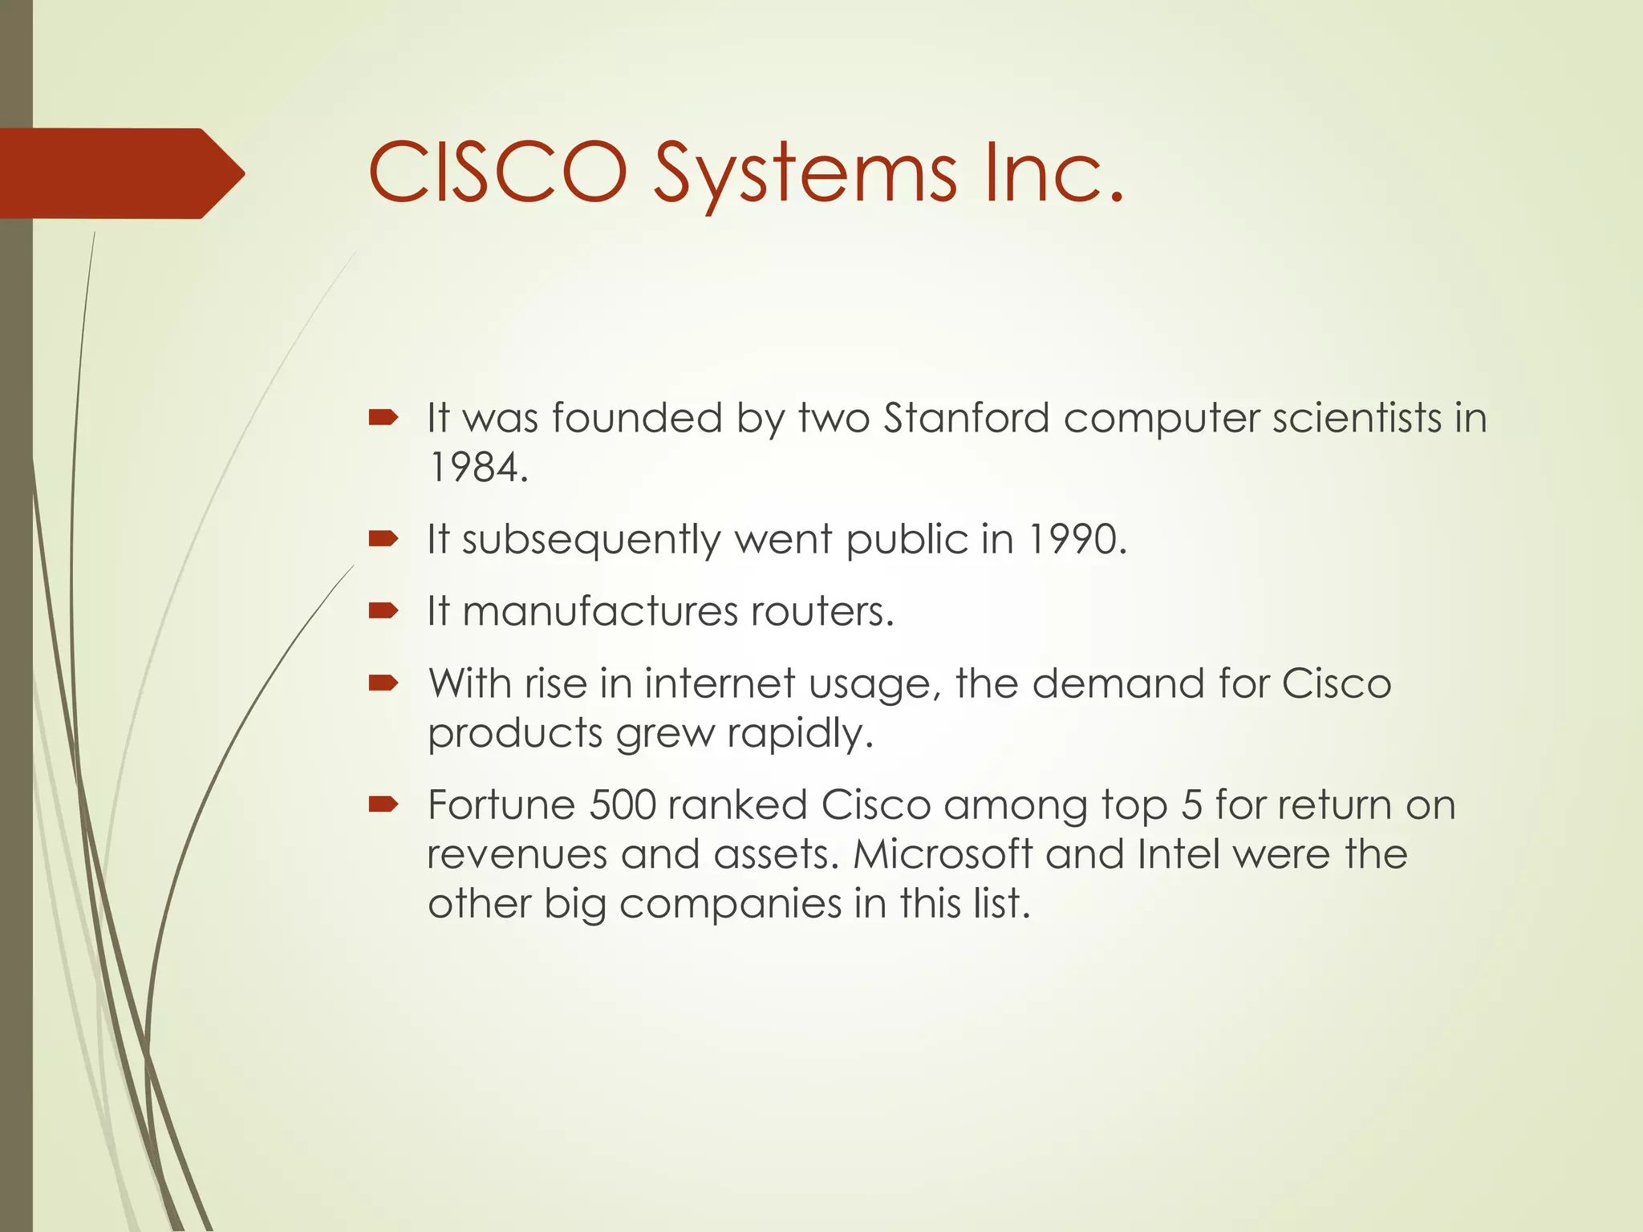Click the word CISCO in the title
point(497,172)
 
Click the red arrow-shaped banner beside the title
point(120,173)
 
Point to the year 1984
point(478,467)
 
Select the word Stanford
point(966,418)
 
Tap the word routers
point(822,611)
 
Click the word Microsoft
point(942,853)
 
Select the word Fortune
point(501,804)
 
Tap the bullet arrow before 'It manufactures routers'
point(383,611)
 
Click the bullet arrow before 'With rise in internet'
point(383,683)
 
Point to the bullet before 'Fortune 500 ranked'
point(383,804)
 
